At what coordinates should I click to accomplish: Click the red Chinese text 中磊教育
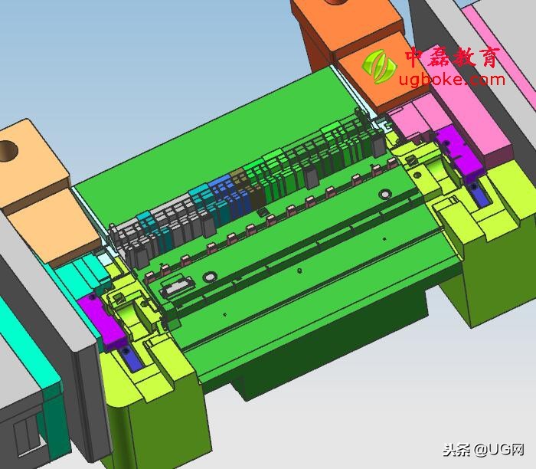tap(452, 57)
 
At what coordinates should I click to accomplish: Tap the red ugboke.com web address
tap(452, 80)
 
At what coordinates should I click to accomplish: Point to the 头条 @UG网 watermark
tap(483, 450)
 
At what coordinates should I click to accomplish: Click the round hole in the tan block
tap(8, 150)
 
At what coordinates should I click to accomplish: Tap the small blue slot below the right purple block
tap(479, 195)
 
